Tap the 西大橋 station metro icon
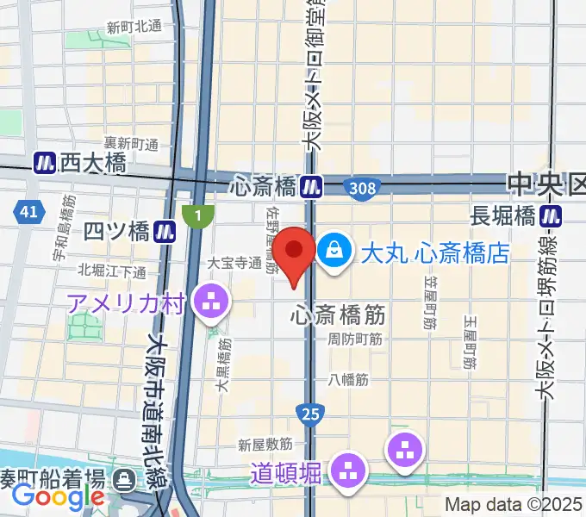(45, 161)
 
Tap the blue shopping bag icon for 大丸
(332, 252)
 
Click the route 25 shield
(311, 415)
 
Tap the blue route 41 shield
(28, 211)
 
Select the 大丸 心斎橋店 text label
(434, 253)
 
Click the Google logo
(58, 496)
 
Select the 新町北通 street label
(134, 27)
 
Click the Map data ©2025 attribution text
(514, 506)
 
